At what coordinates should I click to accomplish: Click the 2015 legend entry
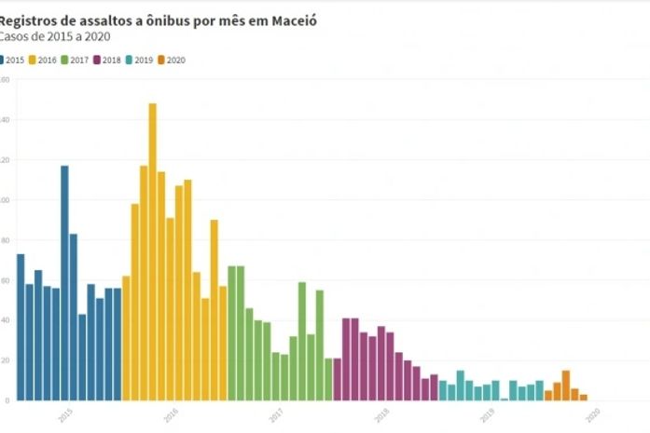click(13, 60)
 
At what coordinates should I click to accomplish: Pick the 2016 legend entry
click(46, 60)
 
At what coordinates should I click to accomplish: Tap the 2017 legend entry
click(78, 60)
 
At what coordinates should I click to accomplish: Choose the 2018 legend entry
click(111, 60)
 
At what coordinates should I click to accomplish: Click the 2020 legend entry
click(175, 60)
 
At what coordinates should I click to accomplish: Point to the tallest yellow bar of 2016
click(152, 251)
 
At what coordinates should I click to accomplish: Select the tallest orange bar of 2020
click(565, 386)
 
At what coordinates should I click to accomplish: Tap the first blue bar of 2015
click(21, 327)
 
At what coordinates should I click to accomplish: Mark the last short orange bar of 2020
click(583, 398)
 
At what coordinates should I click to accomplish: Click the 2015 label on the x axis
click(65, 415)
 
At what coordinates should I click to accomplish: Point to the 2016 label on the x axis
click(171, 415)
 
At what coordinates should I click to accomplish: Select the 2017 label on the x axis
click(276, 415)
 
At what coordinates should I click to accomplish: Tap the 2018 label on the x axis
click(381, 415)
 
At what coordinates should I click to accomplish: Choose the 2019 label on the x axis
click(487, 415)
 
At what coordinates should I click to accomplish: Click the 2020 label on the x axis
click(592, 415)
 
